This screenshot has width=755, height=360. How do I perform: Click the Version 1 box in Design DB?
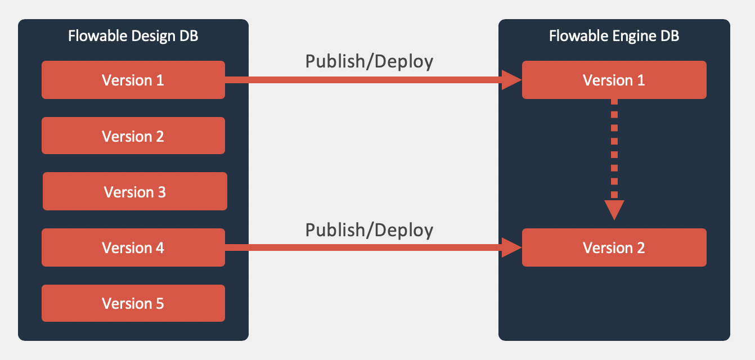click(133, 80)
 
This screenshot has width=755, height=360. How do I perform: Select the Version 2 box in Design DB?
click(133, 136)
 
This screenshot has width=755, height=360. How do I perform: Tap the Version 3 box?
click(135, 191)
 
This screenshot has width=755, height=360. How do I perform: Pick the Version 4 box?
click(133, 247)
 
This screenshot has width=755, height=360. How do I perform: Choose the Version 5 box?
click(133, 303)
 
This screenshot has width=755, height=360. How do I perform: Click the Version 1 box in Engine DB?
click(614, 80)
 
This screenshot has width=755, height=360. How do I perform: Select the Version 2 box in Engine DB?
click(614, 247)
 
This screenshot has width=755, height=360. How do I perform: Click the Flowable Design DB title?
click(133, 37)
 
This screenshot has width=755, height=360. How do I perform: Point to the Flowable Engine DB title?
click(614, 37)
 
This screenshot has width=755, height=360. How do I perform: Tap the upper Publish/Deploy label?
click(369, 61)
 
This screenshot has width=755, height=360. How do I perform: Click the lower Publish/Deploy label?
click(369, 229)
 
